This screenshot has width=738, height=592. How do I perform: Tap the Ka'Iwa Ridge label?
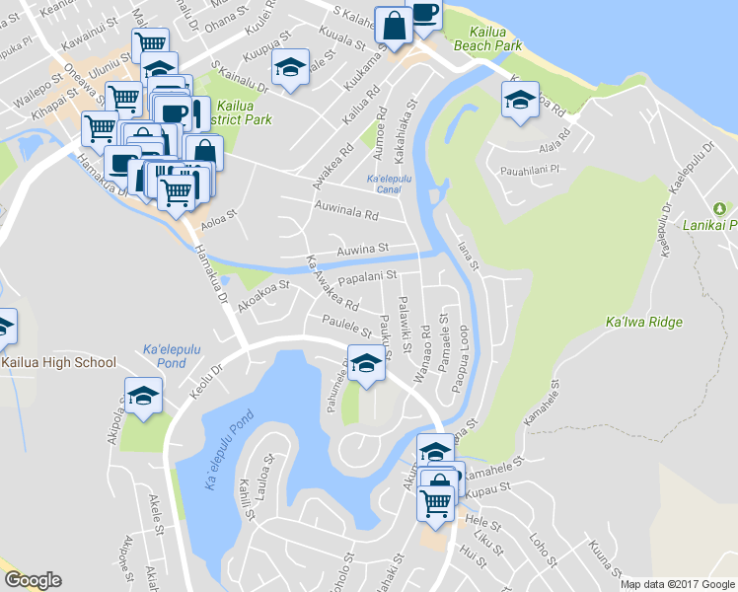point(643,322)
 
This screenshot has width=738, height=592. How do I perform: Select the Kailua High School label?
point(59,362)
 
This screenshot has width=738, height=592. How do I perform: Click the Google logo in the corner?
point(33,580)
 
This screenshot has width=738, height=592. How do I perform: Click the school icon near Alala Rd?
point(520,99)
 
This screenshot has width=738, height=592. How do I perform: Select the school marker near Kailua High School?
point(144,396)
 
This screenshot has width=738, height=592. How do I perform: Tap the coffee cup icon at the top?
point(424,14)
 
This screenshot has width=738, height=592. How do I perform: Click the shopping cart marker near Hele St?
point(436,502)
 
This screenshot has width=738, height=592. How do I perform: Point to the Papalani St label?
point(366,277)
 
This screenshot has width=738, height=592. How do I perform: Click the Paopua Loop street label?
point(462,351)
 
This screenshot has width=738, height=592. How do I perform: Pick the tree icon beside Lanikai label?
point(721,208)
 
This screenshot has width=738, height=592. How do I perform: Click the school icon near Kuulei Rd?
point(291,67)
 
